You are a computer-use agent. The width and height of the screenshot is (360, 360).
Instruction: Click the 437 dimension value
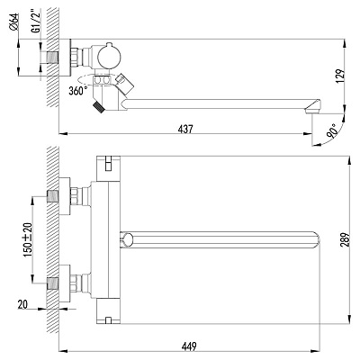coord(185,129)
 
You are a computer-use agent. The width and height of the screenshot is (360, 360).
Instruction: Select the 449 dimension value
coord(189,346)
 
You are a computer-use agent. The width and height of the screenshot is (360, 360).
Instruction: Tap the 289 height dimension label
coord(346,239)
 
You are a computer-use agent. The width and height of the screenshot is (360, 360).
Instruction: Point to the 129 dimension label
coord(339,76)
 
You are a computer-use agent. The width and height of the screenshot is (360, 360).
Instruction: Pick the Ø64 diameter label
coord(14,22)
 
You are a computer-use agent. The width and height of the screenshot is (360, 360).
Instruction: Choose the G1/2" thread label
coord(35,22)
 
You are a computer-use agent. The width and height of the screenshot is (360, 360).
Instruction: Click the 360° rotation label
coord(78,91)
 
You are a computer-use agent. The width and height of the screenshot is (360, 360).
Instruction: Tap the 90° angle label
coord(332,130)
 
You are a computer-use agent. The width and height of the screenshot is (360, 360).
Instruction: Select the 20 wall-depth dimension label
coord(22,304)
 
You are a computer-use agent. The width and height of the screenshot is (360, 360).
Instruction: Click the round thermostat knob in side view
coord(109,58)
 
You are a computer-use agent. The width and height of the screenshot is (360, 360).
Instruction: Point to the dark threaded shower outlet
coord(98,107)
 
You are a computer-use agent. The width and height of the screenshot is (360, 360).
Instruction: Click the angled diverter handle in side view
coord(123,84)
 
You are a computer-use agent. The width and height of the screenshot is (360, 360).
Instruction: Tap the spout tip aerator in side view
coord(313,106)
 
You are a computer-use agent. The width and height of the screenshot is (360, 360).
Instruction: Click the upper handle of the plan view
coord(108,168)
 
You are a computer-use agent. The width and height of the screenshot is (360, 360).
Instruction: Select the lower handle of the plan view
coord(108,311)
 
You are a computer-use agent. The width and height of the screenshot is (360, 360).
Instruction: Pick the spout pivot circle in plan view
coord(126,239)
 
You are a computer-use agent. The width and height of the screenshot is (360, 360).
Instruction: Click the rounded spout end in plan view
coord(315,239)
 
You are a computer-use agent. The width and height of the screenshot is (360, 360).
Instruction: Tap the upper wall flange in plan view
coord(64,196)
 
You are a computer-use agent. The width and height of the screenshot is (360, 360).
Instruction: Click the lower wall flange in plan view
coord(64,283)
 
